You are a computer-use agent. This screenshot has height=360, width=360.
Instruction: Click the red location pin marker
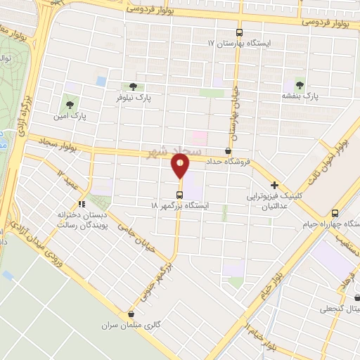pyautogui.click(x=180, y=167)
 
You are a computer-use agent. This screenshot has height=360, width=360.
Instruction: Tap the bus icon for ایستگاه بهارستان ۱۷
pyautogui.click(x=239, y=32)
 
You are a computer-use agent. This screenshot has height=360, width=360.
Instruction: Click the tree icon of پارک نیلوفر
pyautogui.click(x=133, y=86)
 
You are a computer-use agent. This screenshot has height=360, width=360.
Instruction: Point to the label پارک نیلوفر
pyautogui.click(x=134, y=98)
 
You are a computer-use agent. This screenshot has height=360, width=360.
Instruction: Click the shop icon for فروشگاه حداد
pyautogui.click(x=227, y=150)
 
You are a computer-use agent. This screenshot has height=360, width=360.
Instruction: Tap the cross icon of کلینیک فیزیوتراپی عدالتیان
pyautogui.click(x=274, y=185)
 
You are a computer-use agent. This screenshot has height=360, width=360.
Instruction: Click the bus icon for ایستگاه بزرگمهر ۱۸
pyautogui.click(x=180, y=194)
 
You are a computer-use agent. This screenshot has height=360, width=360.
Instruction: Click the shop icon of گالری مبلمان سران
pyautogui.click(x=131, y=314)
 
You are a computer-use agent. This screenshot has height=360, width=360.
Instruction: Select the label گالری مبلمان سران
pyautogui.click(x=142, y=326)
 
